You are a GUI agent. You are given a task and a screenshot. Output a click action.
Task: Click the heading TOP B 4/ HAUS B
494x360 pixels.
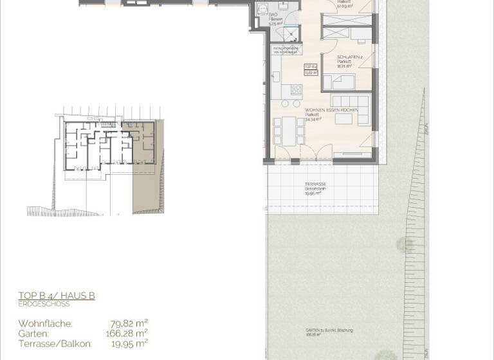57,296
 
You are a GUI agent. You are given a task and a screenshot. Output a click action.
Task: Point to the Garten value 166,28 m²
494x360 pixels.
126,333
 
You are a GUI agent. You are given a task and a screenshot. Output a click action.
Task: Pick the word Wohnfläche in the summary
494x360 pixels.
45,323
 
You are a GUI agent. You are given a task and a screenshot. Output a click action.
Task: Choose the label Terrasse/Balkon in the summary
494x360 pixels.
55,344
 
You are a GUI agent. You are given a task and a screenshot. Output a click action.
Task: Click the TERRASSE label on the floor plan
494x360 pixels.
315,184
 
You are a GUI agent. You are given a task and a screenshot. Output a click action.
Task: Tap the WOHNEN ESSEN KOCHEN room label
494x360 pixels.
313,110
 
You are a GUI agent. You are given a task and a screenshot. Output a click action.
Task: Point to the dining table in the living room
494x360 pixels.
289,130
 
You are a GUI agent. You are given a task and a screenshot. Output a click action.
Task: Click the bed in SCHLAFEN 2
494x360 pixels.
339,82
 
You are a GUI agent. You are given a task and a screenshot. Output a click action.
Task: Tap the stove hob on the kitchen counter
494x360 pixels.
297,89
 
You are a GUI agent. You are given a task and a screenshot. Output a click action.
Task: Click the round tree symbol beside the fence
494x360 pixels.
405,244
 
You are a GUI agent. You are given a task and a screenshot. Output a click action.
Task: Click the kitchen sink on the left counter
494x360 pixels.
277,76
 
